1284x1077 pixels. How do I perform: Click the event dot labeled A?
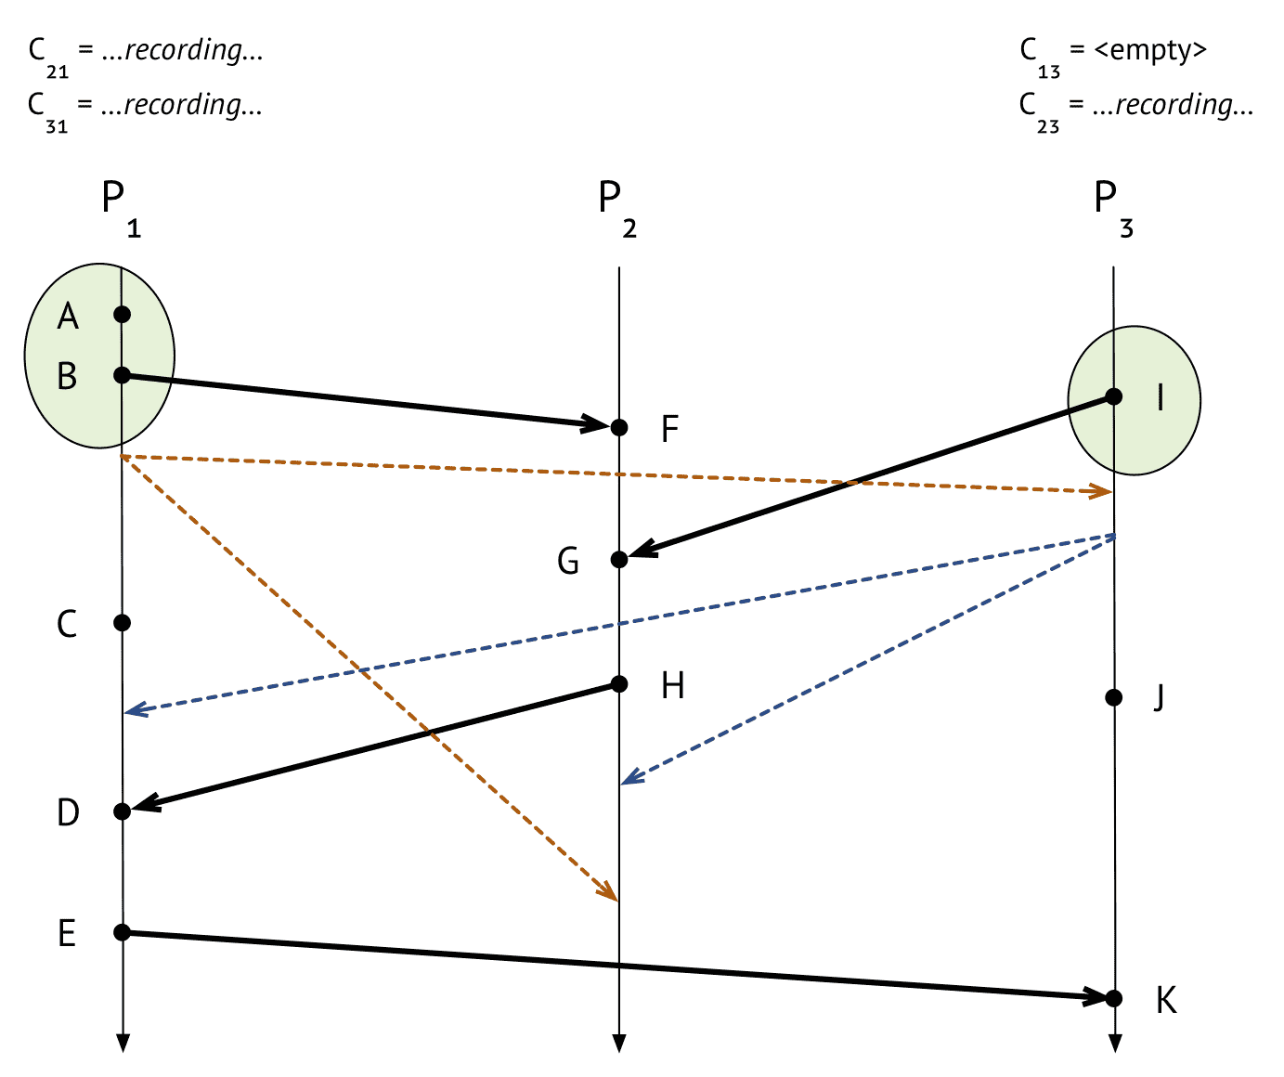click(123, 315)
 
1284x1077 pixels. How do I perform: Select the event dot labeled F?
click(619, 427)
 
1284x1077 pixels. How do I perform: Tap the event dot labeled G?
click(619, 559)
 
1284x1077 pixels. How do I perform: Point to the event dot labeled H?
click(619, 684)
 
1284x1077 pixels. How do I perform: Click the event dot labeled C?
click(123, 623)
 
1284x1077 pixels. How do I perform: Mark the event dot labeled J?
click(1114, 697)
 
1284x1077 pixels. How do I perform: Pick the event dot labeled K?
click(1114, 998)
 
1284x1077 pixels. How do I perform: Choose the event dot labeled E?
click(123, 932)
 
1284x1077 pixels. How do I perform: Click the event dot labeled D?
click(123, 811)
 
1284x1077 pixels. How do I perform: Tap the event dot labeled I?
click(1114, 396)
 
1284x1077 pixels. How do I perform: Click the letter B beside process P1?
click(67, 376)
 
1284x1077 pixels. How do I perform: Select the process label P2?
click(617, 208)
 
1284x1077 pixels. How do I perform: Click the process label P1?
click(121, 208)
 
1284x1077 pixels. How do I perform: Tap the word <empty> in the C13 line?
click(1150, 50)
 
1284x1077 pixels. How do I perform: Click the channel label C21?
click(48, 58)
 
